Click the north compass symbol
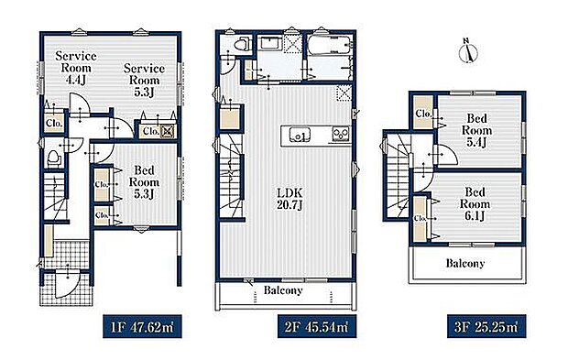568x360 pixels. [x=468, y=51]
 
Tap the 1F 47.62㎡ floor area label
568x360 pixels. [x=142, y=327]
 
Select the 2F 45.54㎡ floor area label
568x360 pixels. [x=317, y=327]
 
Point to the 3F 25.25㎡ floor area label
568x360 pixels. [x=486, y=327]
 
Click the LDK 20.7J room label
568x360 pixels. [x=289, y=199]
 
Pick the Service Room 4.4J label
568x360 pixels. [x=76, y=68]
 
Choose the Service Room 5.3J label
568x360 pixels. [x=144, y=80]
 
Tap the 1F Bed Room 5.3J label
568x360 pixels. [x=144, y=181]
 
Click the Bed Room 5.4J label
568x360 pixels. [x=476, y=130]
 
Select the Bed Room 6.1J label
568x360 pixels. [x=475, y=203]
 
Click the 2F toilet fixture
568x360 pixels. [x=242, y=46]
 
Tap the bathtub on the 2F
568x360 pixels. [x=329, y=45]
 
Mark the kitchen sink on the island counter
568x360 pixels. [x=300, y=136]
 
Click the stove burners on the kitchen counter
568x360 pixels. [x=341, y=134]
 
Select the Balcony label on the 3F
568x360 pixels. [x=465, y=263]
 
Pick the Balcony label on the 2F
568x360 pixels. [x=283, y=290]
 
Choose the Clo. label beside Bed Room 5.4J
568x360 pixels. [x=423, y=114]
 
